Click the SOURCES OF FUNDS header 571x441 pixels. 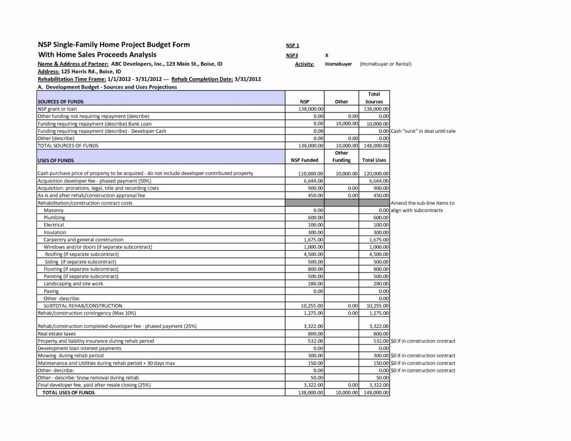(61, 102)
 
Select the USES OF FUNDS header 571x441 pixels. (56, 160)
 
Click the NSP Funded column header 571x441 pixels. (304, 160)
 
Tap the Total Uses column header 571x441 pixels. (374, 160)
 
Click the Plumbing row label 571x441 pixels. (54, 218)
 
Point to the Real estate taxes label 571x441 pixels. (56, 334)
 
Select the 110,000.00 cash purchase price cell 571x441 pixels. (311, 174)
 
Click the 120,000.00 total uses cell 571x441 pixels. (376, 174)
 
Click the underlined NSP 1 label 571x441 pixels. (292, 45)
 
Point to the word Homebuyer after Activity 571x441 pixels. (339, 64)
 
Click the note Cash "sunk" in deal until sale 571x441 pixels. (423, 131)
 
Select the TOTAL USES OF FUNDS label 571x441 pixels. (68, 392)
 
